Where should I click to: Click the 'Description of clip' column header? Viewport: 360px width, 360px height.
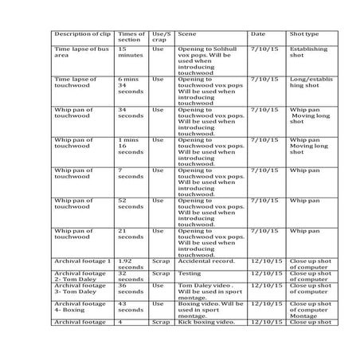tap(82, 35)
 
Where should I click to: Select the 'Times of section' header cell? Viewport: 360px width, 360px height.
tap(131, 38)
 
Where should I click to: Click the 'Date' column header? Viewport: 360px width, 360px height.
tap(258, 35)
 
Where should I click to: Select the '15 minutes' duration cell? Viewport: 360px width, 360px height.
tap(129, 53)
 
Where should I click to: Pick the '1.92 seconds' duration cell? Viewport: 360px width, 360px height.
tap(130, 263)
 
